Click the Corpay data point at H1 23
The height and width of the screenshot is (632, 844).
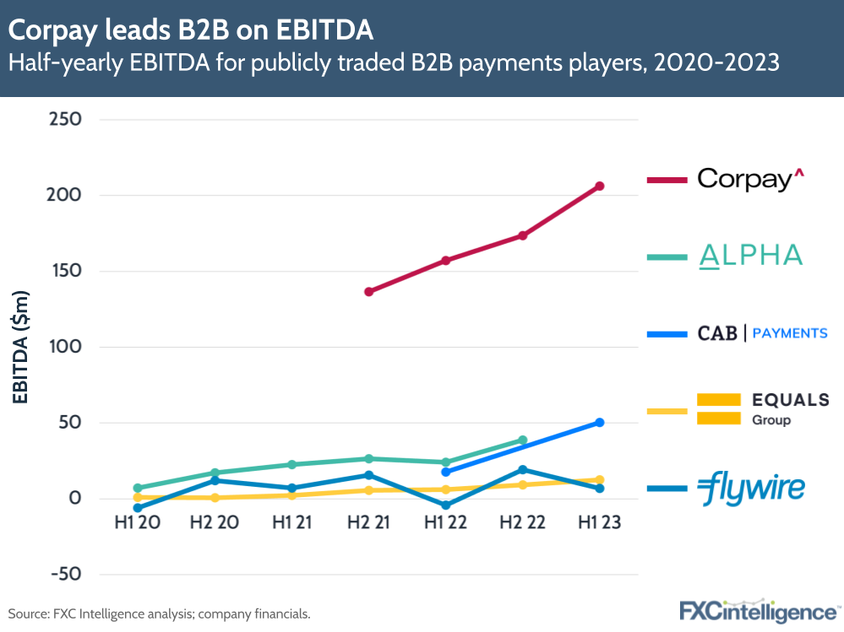click(599, 186)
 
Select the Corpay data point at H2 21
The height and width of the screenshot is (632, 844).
click(368, 292)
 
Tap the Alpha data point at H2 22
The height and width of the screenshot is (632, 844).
click(522, 440)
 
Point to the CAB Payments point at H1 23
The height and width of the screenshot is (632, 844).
click(599, 422)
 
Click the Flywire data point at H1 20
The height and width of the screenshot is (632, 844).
click(138, 508)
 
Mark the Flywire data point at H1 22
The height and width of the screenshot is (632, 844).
click(445, 505)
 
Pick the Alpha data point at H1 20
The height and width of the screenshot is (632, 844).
click(138, 488)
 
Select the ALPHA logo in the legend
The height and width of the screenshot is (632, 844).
click(750, 256)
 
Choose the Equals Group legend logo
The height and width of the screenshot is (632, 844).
click(742, 409)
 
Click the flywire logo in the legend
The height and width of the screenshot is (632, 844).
click(750, 489)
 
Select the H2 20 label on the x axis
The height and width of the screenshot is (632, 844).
click(215, 523)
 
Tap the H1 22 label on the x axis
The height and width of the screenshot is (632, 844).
click(445, 523)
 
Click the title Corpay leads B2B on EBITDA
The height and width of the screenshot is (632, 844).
click(190, 30)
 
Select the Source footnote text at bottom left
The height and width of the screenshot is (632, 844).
click(160, 613)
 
